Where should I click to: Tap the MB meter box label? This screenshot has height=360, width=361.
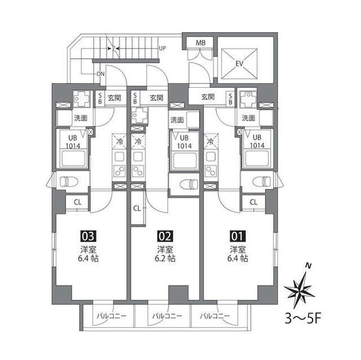[200, 43]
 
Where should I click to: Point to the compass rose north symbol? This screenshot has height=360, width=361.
[300, 287]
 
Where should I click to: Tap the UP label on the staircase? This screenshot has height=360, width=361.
[163, 48]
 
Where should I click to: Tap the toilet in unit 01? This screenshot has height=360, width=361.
[260, 181]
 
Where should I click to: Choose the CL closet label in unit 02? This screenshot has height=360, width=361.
[137, 208]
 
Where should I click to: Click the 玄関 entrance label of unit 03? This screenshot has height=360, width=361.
[115, 98]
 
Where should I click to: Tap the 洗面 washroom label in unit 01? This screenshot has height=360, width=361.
[248, 118]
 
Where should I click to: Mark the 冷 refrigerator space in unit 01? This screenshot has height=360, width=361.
[211, 141]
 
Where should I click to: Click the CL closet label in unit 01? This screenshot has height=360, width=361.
[253, 202]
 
